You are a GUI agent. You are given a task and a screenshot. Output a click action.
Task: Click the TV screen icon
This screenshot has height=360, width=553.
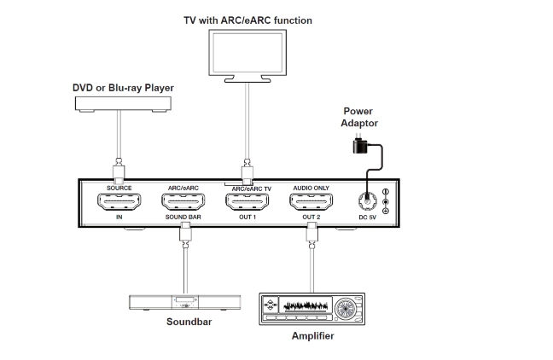coord(246,54)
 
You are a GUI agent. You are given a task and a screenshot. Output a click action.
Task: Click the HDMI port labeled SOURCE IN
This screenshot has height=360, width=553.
coord(119,203)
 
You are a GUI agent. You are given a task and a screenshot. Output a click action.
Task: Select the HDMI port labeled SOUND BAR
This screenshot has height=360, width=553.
coord(183,203)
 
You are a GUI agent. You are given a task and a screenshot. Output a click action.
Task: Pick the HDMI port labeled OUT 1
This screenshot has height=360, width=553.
coord(246,203)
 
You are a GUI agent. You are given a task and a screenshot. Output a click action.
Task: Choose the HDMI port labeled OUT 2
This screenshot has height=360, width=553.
coord(310,203)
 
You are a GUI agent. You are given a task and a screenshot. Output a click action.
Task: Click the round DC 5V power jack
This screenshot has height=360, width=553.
coord(369,202)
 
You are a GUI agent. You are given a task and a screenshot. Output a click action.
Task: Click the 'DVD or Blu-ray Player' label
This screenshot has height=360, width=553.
coord(123,87)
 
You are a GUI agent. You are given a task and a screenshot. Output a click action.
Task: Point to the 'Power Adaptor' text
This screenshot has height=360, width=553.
coord(358,118)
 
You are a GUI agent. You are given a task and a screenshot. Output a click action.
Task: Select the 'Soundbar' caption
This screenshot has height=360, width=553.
coord(189,322)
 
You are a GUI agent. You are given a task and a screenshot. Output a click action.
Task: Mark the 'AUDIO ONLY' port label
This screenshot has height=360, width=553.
coord(311,186)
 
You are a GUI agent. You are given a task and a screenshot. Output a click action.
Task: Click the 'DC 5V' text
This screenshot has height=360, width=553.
coord(368,218)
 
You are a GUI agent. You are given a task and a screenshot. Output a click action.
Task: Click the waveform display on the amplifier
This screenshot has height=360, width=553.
coord(304,306)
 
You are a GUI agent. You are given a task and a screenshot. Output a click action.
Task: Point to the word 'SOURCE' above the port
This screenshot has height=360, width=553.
coord(119,186)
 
